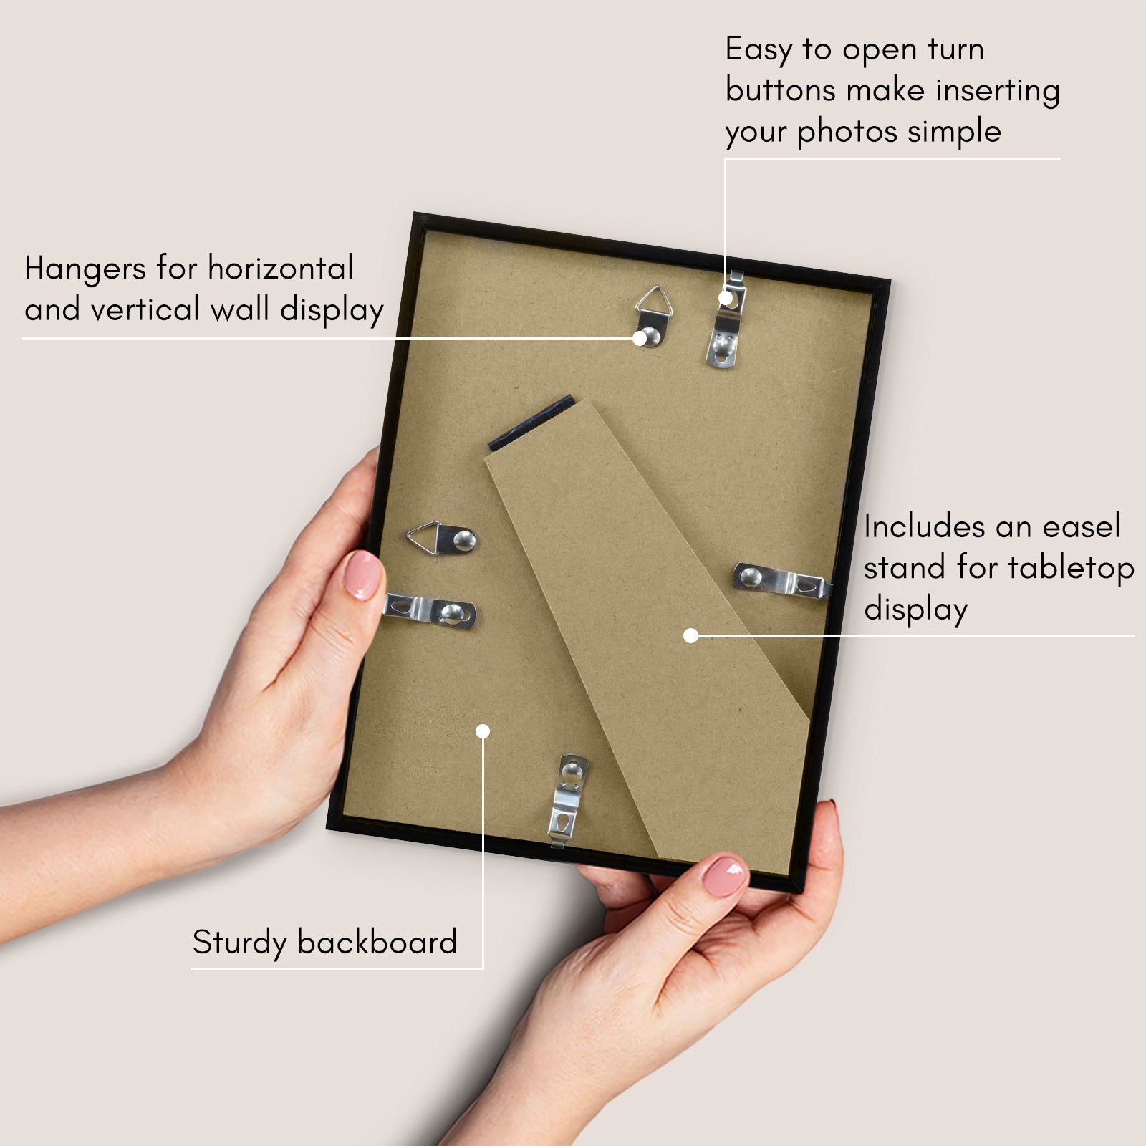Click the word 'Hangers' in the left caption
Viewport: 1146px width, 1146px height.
tap(86, 270)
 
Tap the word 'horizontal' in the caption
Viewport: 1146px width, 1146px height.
tap(280, 268)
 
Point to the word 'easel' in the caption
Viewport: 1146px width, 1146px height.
tap(1082, 526)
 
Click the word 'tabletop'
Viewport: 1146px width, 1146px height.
tap(1072, 568)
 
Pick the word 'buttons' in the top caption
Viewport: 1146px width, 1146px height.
tap(781, 90)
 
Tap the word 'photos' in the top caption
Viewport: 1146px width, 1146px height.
tap(847, 133)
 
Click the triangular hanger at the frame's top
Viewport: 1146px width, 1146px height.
tap(653, 315)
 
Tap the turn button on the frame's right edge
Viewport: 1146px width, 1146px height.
tap(782, 580)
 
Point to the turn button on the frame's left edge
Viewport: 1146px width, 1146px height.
tap(430, 610)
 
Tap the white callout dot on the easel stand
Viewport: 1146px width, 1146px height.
tap(690, 635)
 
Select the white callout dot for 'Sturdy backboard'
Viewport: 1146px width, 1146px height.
tap(483, 731)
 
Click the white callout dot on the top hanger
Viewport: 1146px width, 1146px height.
tap(640, 338)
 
